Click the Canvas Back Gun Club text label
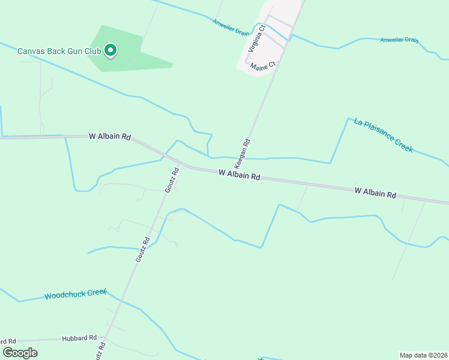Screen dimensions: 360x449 pos(59,51)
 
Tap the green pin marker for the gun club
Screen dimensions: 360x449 pos(110,50)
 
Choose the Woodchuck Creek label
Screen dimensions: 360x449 pos(75,295)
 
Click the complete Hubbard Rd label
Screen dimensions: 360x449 pos(79,338)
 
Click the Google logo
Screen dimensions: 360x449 pos(20,352)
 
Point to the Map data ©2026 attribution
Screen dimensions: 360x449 pos(423,355)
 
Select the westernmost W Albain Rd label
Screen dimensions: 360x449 pos(110,137)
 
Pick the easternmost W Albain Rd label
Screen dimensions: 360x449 pos(375,193)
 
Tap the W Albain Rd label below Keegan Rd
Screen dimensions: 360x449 pos(239,175)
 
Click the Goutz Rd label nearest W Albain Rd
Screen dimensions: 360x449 pos(172,179)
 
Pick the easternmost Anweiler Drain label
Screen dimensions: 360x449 pos(399,40)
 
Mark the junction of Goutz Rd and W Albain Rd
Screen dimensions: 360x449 pos(179,163)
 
